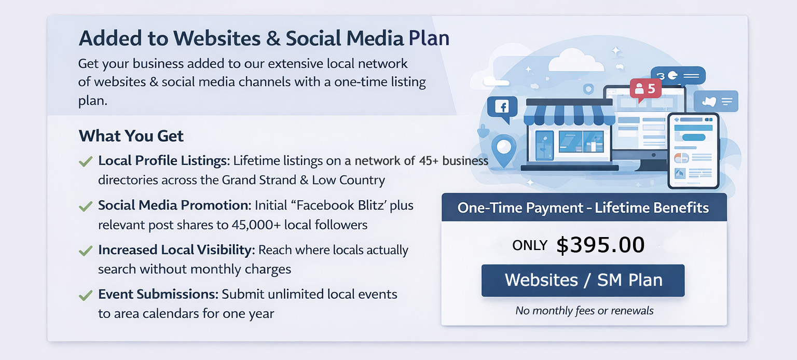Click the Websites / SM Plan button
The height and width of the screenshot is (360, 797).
pos(583,280)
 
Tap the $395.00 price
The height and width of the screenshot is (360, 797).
pos(600,245)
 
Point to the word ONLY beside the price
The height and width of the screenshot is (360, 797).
pos(530,245)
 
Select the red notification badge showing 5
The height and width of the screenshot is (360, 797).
pos(645,89)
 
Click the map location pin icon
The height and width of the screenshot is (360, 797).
pos(504,150)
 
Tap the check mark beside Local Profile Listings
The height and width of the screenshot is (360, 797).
pos(86,161)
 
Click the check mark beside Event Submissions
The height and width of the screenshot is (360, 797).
pos(86,295)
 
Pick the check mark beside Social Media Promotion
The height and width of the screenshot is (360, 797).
pos(86,206)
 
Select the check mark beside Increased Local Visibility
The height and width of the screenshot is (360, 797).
pos(86,251)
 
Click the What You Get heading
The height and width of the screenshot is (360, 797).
pos(131,136)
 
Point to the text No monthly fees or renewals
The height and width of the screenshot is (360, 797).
pos(584,311)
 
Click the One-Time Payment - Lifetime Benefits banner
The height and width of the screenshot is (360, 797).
pos(584,207)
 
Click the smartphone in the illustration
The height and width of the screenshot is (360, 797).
pos(693,151)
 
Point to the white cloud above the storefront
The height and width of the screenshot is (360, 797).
pos(575,60)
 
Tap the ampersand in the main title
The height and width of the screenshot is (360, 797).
pos(273,38)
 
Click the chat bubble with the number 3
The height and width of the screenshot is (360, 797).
pos(678,75)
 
